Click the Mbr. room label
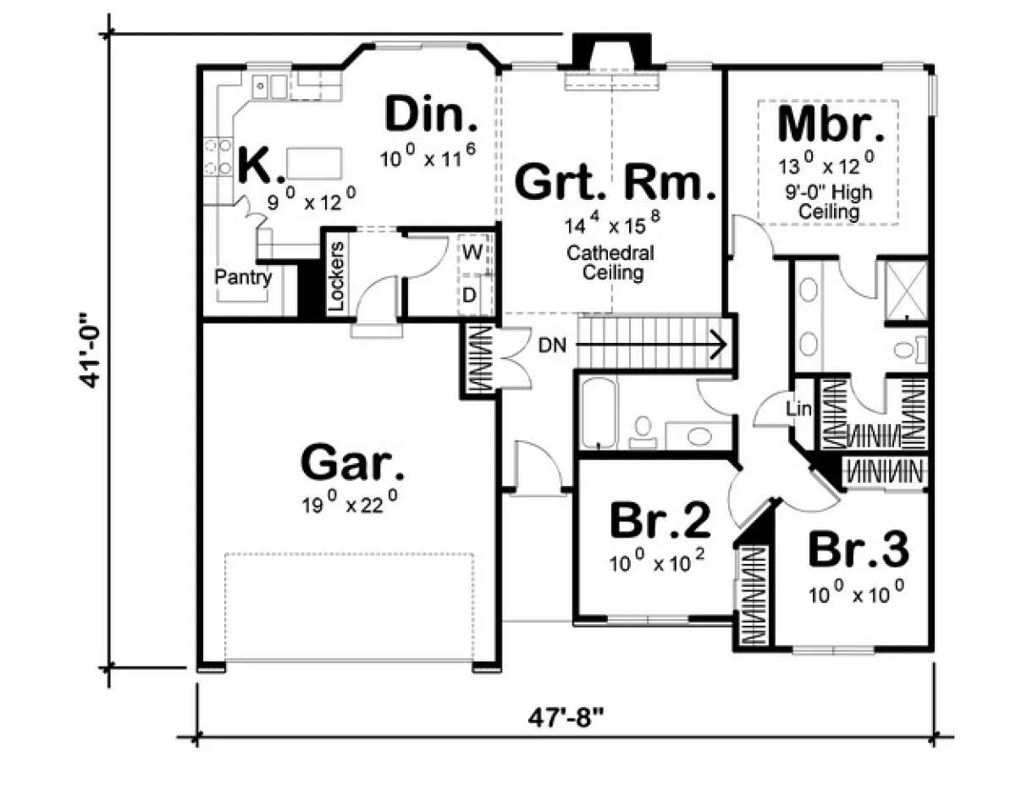(x=831, y=124)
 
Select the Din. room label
(x=431, y=113)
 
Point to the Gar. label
(x=352, y=462)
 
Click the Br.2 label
(x=660, y=521)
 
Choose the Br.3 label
(x=859, y=549)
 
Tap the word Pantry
(x=243, y=277)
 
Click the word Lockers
(x=336, y=277)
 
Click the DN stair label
(x=552, y=346)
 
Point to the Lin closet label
(x=798, y=409)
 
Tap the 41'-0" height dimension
(x=89, y=351)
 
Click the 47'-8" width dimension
(x=566, y=717)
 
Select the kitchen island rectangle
(x=314, y=163)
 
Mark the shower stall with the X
(x=907, y=290)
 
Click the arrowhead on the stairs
(x=719, y=346)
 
